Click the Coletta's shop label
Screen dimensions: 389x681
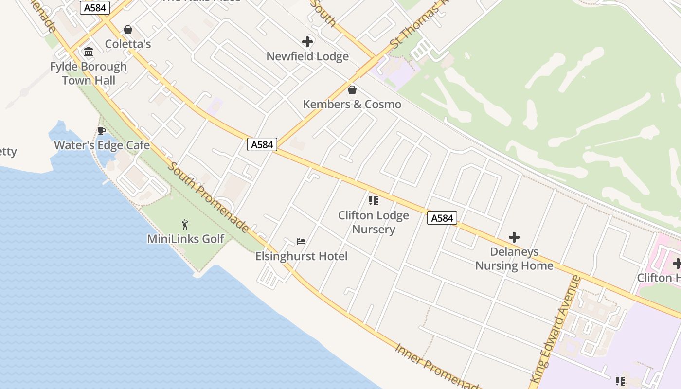pyautogui.click(x=128, y=44)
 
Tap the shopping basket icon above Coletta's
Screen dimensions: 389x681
pyautogui.click(x=128, y=30)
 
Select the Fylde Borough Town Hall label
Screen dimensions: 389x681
pyautogui.click(x=89, y=73)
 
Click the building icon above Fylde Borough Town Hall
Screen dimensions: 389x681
pyautogui.click(x=89, y=52)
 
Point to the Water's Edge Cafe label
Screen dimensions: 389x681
pyautogui.click(x=102, y=145)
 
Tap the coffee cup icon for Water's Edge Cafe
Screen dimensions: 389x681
pyautogui.click(x=101, y=131)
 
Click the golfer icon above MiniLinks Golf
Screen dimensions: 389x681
pyautogui.click(x=185, y=225)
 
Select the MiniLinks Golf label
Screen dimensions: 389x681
pyautogui.click(x=186, y=239)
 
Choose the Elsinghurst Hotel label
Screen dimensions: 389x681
pyautogui.click(x=302, y=256)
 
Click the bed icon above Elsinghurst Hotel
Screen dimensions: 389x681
pyautogui.click(x=301, y=242)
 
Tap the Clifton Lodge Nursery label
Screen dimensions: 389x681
pyautogui.click(x=374, y=222)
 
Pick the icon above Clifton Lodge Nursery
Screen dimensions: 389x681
pyautogui.click(x=374, y=200)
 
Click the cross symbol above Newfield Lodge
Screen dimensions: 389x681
pyautogui.click(x=307, y=42)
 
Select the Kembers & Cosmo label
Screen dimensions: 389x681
pyautogui.click(x=352, y=105)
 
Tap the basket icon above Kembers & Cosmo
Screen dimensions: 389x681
pyautogui.click(x=352, y=90)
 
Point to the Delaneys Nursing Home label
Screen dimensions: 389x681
pyautogui.click(x=514, y=259)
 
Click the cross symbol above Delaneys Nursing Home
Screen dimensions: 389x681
pyautogui.click(x=514, y=237)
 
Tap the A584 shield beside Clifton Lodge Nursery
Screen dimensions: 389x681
pyautogui.click(x=442, y=218)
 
